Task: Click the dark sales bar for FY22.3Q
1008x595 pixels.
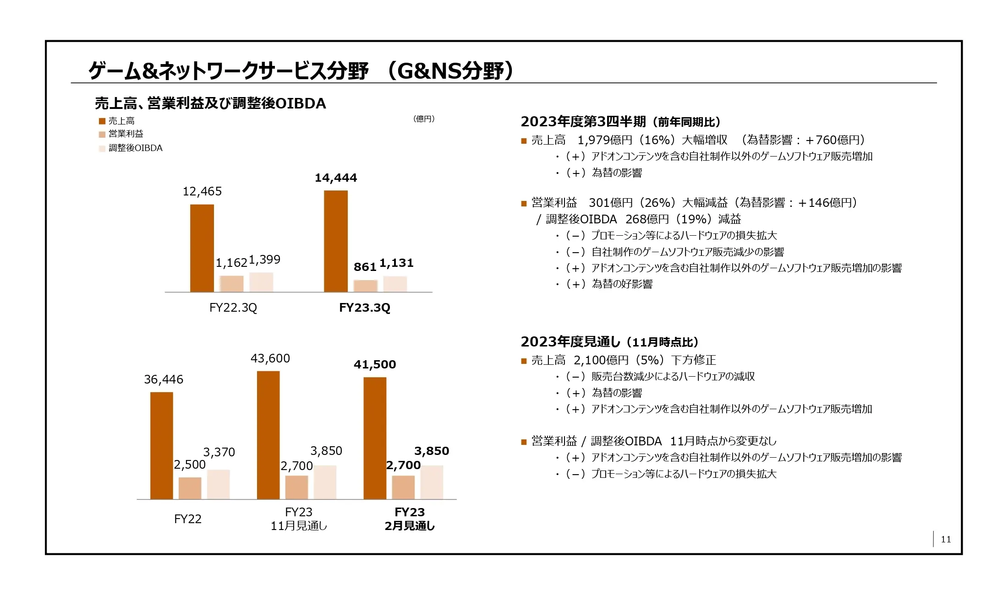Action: click(x=202, y=248)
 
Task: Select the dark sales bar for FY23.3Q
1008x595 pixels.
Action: click(x=336, y=241)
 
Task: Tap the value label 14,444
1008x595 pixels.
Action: click(x=336, y=178)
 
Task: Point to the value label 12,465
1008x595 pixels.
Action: click(x=202, y=191)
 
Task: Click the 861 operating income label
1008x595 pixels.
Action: click(x=365, y=267)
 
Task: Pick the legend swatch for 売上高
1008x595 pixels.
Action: click(x=102, y=121)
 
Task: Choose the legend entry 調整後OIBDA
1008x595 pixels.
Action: click(x=135, y=148)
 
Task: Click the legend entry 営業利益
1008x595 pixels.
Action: click(x=126, y=134)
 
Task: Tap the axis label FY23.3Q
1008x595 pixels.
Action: click(x=365, y=308)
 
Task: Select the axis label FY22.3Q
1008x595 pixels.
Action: click(x=233, y=308)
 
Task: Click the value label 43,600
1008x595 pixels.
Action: click(x=270, y=358)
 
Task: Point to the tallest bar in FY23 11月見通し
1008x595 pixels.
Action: click(x=268, y=435)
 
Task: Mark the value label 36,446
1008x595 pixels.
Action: click(x=164, y=379)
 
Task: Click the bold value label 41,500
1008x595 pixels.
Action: click(x=375, y=365)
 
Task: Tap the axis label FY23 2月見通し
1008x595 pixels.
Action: click(x=410, y=519)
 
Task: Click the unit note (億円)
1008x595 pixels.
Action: click(x=424, y=119)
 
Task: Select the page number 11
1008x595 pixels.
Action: click(x=946, y=540)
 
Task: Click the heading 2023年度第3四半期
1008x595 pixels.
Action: click(x=583, y=122)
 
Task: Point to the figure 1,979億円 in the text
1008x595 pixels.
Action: click(x=605, y=140)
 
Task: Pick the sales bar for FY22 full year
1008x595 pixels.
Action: click(x=162, y=446)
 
